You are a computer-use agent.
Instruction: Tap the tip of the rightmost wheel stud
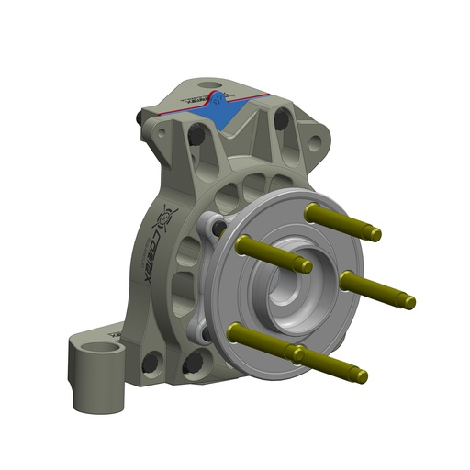pyautogui.click(x=409, y=301)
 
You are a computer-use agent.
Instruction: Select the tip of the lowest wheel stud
pyautogui.click(x=363, y=376)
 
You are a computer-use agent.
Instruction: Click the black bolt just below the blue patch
pyautogui.click(x=196, y=138)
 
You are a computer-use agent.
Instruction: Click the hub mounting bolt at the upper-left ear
pyautogui.click(x=218, y=227)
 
